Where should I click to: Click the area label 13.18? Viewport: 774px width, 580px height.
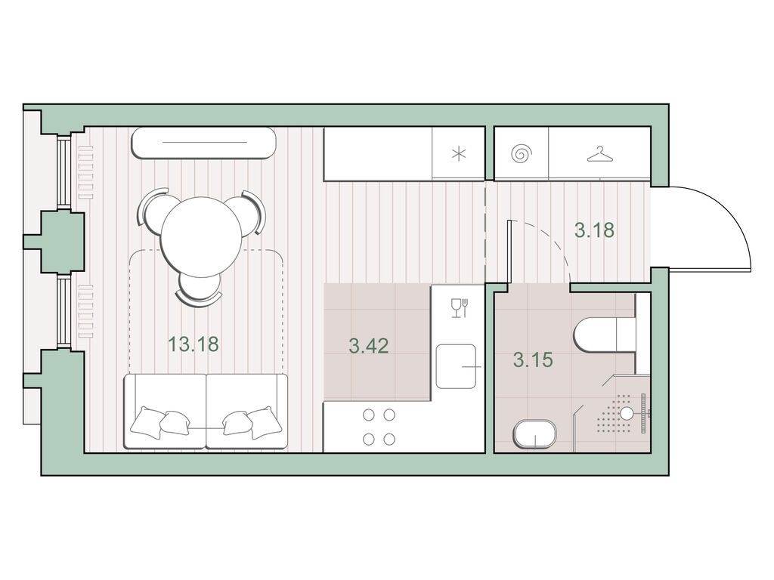click(x=193, y=344)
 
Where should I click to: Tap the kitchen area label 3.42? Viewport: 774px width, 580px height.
click(x=369, y=346)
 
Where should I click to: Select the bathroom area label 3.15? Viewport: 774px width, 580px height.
click(x=533, y=359)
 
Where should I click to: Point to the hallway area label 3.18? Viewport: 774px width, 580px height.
click(x=595, y=230)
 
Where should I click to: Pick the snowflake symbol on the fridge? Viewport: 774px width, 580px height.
click(x=459, y=154)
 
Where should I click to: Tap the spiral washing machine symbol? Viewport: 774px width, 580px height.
click(x=522, y=154)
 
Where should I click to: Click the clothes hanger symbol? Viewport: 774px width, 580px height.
click(x=601, y=154)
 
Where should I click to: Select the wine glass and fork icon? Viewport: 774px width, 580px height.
click(x=459, y=308)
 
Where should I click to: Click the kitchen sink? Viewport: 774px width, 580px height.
click(x=456, y=366)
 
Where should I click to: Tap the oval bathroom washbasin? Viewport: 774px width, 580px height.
click(x=535, y=434)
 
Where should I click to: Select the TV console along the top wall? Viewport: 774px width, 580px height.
click(x=203, y=143)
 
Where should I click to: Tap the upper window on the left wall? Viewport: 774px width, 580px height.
click(x=63, y=171)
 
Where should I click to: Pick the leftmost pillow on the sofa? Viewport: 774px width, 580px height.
click(x=147, y=422)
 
